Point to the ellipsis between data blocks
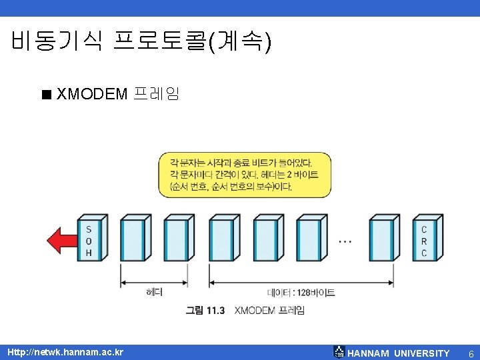[x=345, y=241]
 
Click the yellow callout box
[x=245, y=174]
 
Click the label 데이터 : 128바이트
[x=301, y=292]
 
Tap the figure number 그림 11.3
[x=205, y=310]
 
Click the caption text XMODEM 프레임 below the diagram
[x=269, y=310]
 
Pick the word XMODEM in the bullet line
[x=92, y=93]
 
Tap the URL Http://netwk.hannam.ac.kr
[x=65, y=351]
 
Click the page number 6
[x=471, y=353]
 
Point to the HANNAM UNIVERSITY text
[x=399, y=353]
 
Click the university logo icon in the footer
[x=339, y=352]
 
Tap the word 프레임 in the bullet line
[x=156, y=93]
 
